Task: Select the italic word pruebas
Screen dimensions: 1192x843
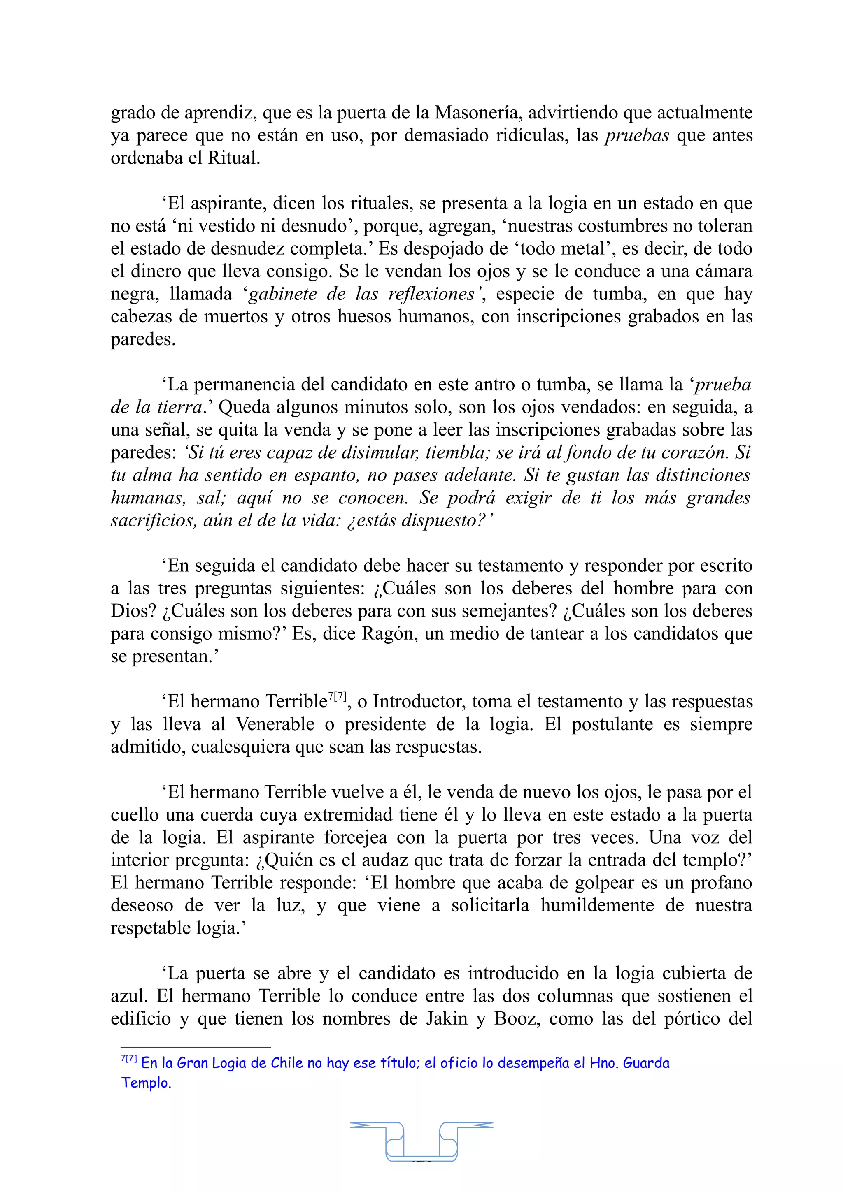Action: pyautogui.click(x=637, y=135)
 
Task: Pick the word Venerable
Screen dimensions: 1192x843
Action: pyautogui.click(x=275, y=724)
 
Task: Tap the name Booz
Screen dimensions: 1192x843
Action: pyautogui.click(x=515, y=1018)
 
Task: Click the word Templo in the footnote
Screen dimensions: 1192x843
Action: pyautogui.click(x=145, y=1083)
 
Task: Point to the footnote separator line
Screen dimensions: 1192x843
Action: pyautogui.click(x=196, y=1047)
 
